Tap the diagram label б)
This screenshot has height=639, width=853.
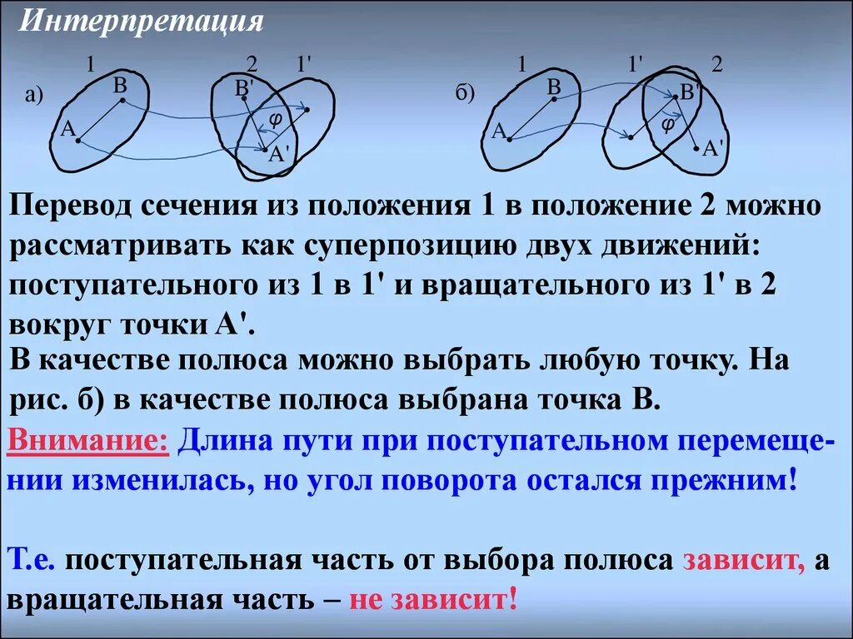pos(465,92)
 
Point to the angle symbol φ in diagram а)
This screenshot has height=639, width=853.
pos(276,118)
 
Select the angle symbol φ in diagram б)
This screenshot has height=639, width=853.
pos(667,122)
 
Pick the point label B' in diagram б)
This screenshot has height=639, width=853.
pos(689,92)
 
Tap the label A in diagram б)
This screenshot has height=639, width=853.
pos(499,131)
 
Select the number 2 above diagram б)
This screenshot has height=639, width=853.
pos(716,66)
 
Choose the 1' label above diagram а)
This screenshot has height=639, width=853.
pos(303,63)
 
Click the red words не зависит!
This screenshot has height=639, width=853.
pos(434,599)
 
